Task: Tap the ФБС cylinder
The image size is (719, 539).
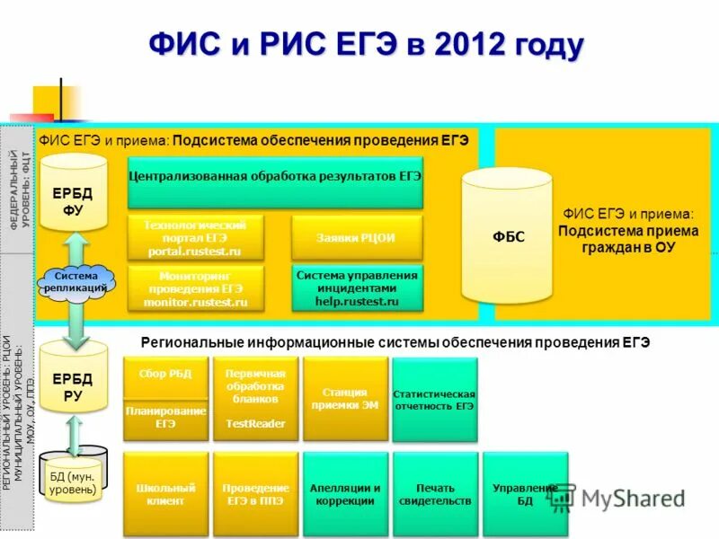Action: (x=507, y=236)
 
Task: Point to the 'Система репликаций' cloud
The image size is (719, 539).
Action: (x=75, y=282)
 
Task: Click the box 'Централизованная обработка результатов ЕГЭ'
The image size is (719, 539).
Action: (x=275, y=177)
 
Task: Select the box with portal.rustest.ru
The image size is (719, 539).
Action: (x=197, y=238)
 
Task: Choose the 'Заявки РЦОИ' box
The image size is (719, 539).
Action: (x=356, y=238)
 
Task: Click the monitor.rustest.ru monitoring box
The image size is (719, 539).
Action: (x=197, y=289)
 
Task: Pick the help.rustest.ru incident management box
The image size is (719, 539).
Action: (x=356, y=288)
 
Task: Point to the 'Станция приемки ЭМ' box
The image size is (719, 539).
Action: (x=345, y=398)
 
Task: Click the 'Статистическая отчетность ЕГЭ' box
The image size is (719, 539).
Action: (x=434, y=399)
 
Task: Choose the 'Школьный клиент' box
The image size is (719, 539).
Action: (x=165, y=493)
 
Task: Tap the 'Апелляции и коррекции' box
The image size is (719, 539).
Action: (x=345, y=493)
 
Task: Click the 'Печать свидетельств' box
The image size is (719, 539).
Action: (x=434, y=493)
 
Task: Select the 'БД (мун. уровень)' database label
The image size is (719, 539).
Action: (x=73, y=482)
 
